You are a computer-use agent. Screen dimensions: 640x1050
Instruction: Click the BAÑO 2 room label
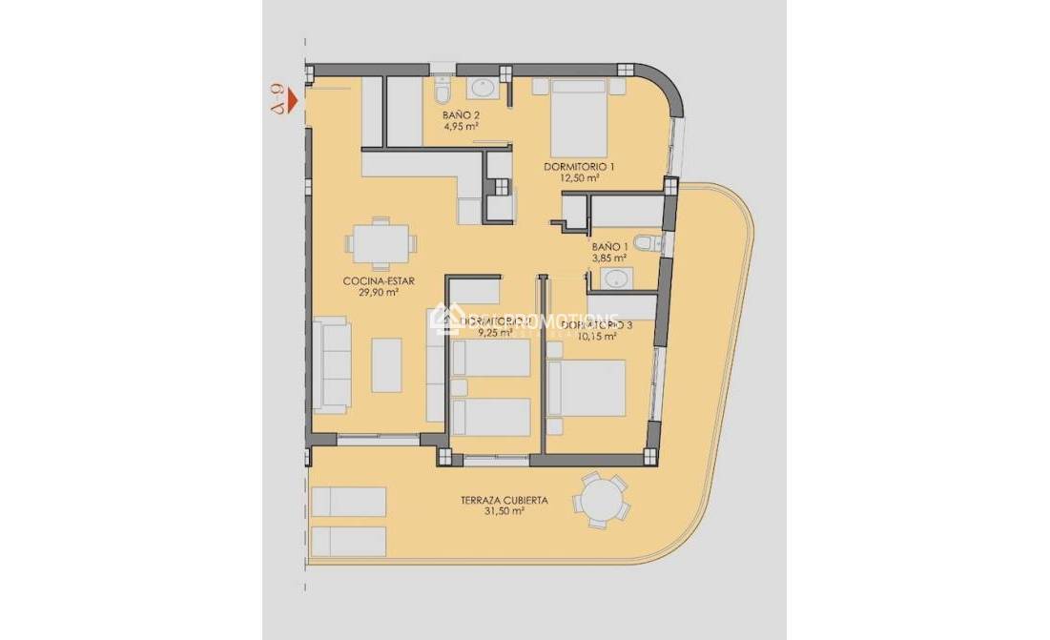[460, 114]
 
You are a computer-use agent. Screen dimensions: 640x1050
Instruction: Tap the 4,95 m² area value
[460, 125]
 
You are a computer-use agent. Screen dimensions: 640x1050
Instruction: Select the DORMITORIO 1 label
[579, 167]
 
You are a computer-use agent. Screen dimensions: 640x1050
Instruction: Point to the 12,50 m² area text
[579, 177]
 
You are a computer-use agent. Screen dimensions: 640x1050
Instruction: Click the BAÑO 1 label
[608, 246]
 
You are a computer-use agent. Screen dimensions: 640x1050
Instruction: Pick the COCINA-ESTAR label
[371, 281]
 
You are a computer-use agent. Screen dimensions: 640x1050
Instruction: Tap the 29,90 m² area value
[371, 293]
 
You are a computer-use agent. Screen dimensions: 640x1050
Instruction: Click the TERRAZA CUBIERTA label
[504, 499]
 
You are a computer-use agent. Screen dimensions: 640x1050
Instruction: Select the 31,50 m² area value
[504, 511]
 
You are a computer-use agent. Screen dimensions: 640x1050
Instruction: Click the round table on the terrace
[602, 499]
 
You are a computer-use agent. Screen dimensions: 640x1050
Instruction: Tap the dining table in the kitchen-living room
[381, 242]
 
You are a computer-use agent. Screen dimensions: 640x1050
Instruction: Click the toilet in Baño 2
[442, 91]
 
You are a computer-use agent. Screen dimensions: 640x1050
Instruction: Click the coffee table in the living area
[386, 364]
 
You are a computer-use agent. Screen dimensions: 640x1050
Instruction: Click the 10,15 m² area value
[596, 336]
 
